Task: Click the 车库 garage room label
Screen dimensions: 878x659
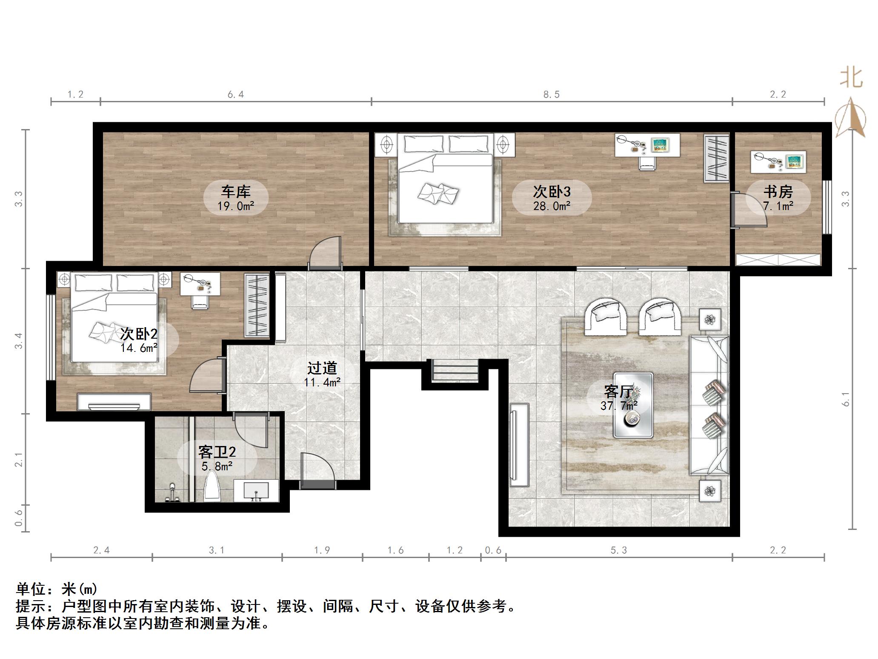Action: point(235,192)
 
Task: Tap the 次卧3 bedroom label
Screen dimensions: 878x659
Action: point(552,192)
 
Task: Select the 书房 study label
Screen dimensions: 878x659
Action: point(778,192)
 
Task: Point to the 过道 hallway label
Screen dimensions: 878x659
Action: point(322,368)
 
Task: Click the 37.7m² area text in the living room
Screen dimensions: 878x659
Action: point(619,406)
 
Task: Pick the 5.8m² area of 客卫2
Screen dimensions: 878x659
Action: point(217,466)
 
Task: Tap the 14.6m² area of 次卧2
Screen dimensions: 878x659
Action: point(139,348)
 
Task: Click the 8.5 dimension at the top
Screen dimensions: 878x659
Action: point(551,95)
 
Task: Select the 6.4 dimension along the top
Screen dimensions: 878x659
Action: point(235,95)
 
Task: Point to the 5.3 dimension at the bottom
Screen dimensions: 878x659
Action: point(618,550)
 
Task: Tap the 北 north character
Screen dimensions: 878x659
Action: point(851,78)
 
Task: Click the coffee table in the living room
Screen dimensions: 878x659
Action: point(633,405)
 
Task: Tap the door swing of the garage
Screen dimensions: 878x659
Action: point(326,253)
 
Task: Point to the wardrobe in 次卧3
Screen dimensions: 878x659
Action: point(716,158)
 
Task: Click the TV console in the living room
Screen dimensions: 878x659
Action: point(519,445)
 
